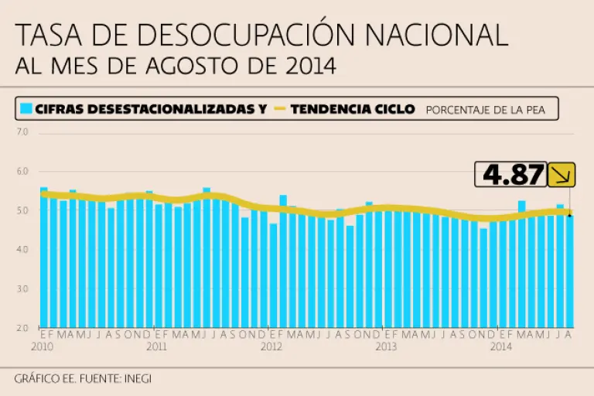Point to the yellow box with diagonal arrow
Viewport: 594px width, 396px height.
[x=562, y=174]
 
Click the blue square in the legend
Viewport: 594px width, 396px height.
[x=26, y=109]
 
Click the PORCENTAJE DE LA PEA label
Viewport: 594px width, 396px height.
[x=485, y=110]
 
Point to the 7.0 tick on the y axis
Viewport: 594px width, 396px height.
[x=22, y=132]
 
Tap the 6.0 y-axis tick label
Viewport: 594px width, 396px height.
[x=22, y=172]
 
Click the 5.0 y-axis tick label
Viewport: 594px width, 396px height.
[x=22, y=211]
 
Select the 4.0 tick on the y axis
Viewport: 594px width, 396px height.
[x=22, y=250]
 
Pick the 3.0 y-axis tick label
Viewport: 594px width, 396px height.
[x=22, y=289]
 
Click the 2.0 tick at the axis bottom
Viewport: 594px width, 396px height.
[x=22, y=328]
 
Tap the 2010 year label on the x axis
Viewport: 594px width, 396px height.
[x=42, y=346]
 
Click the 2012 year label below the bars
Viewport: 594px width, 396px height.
[x=271, y=346]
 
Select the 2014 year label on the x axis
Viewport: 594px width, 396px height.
[x=500, y=346]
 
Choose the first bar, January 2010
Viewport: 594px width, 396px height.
[x=43, y=257]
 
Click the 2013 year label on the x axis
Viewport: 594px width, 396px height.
[x=386, y=346]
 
